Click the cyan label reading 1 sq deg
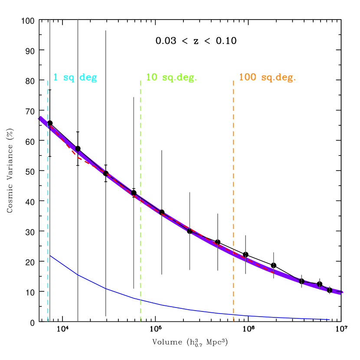click(x=75, y=78)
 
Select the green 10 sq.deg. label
click(x=171, y=78)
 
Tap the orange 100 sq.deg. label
click(x=267, y=78)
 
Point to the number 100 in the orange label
click(x=248, y=78)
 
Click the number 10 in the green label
click(x=151, y=78)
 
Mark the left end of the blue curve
click(x=50, y=255)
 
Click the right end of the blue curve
click(x=329, y=319)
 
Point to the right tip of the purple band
click(x=343, y=292)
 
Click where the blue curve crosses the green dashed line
click(x=141, y=299)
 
